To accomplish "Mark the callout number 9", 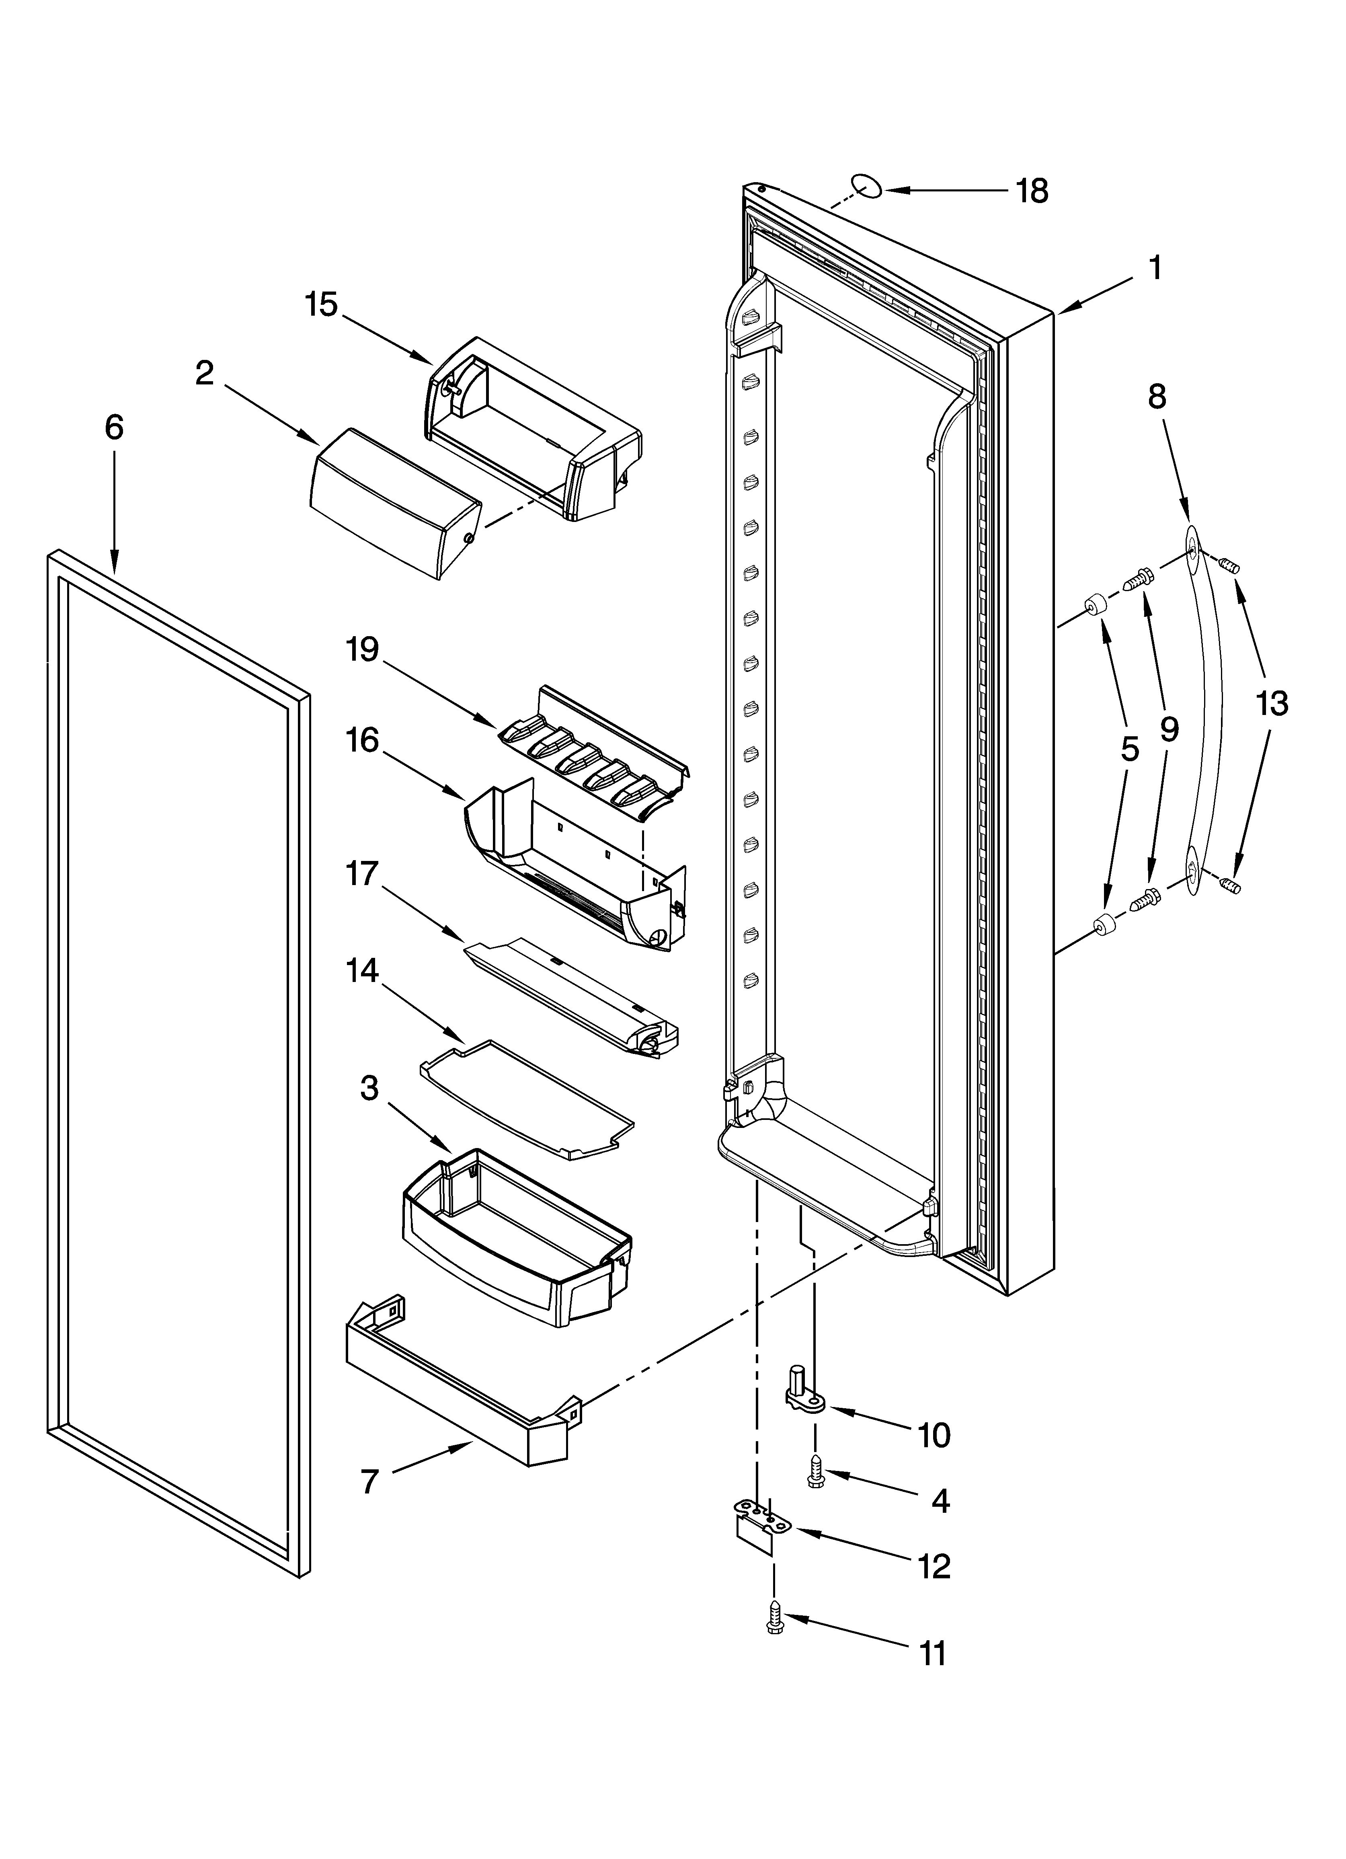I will [x=1169, y=728].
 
